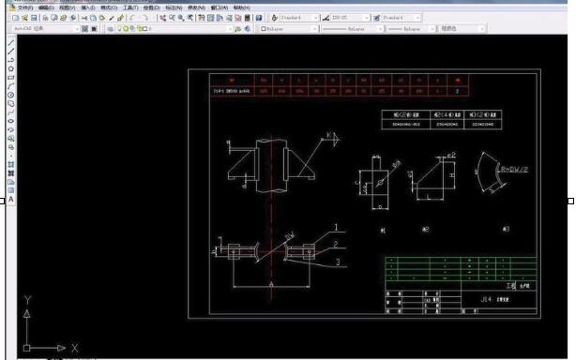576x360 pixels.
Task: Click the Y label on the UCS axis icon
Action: coord(27,300)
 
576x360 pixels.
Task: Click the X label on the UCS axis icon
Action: coord(74,348)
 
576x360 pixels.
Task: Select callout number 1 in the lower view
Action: coord(334,228)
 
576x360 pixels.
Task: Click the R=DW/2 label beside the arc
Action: coord(515,171)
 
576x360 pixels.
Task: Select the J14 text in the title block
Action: coord(485,299)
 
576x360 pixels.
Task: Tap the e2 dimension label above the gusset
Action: coord(451,155)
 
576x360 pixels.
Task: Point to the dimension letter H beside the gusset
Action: coord(452,175)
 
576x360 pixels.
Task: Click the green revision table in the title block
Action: coord(460,268)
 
